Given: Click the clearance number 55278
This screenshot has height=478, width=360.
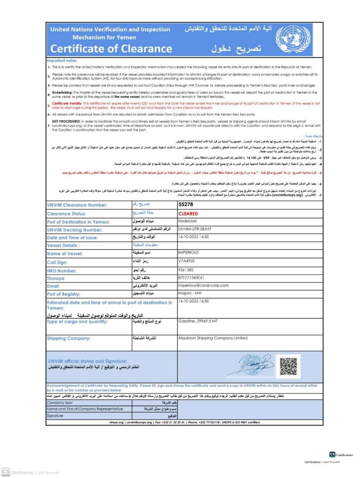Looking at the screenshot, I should (186, 205).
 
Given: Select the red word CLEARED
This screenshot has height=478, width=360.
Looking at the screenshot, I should (188, 214).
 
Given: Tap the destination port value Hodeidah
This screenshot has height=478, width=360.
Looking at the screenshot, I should (188, 221).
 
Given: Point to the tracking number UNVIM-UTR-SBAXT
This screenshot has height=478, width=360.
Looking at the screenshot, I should (195, 229).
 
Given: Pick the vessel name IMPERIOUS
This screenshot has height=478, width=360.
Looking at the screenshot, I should (188, 252).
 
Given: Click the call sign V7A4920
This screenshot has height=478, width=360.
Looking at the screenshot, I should (187, 261).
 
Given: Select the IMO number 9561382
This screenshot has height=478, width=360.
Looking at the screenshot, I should (186, 270).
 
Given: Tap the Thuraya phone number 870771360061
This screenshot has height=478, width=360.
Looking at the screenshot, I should (191, 278).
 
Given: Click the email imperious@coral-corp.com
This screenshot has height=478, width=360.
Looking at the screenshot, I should (203, 285).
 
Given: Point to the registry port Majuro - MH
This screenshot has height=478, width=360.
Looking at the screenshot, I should (190, 293).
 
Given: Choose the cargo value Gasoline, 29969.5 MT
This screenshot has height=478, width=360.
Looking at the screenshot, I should (198, 321).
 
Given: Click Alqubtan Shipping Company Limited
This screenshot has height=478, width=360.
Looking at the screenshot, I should (213, 338).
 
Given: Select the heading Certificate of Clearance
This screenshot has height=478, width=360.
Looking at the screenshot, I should (111, 49).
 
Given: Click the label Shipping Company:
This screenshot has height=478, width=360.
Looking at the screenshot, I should (69, 338).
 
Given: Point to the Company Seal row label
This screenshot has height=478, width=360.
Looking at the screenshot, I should (60, 403).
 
